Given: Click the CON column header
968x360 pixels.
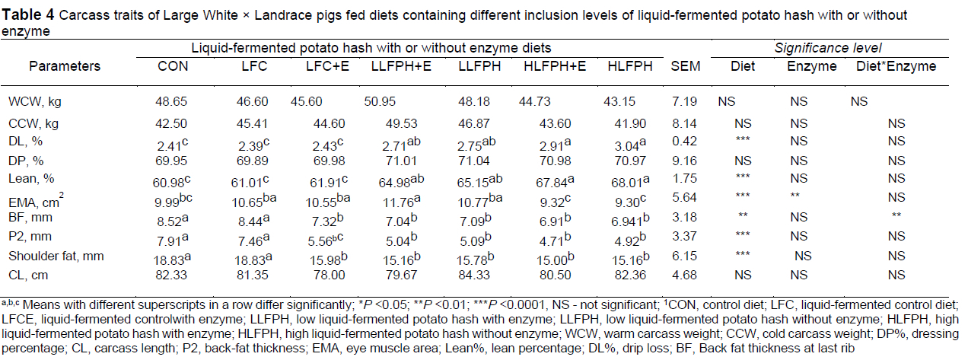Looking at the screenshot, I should point(173,66).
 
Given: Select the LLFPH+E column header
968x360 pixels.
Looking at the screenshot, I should point(401,66).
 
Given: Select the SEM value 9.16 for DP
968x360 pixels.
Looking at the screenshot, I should point(680,161).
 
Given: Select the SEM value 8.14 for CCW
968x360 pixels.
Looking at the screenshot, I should point(680,122).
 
